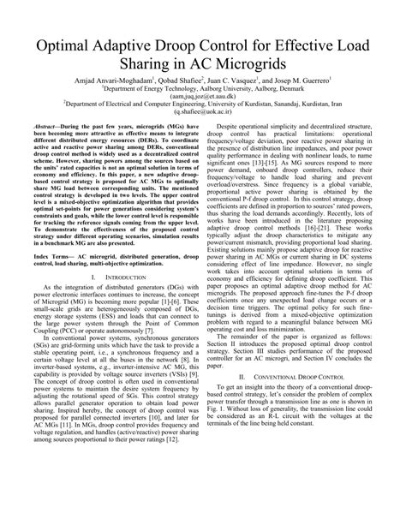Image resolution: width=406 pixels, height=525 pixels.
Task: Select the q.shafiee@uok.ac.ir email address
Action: pyautogui.click(x=203, y=133)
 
